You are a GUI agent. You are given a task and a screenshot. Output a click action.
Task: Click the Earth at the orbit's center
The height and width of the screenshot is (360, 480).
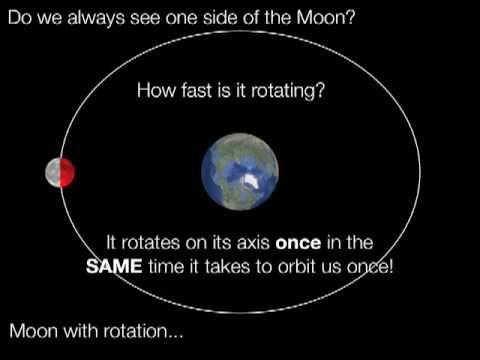[x=240, y=172]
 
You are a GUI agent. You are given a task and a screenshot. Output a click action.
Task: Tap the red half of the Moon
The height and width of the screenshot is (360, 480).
[x=67, y=173]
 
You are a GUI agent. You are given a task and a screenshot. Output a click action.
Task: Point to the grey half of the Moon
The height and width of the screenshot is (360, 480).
[x=53, y=173]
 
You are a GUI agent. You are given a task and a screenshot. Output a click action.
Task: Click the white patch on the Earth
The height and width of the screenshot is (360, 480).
[x=251, y=181]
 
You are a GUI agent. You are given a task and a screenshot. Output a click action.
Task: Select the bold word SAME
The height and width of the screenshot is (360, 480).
[x=114, y=267]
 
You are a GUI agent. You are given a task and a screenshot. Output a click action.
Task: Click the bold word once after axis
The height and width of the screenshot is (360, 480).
[x=298, y=243]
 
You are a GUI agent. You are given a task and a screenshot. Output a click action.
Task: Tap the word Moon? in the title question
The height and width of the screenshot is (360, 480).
[x=326, y=18]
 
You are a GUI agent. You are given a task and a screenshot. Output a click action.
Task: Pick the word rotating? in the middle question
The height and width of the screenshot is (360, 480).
[x=288, y=91]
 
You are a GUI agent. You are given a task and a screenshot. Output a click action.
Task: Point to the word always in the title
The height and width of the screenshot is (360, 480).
[x=96, y=18]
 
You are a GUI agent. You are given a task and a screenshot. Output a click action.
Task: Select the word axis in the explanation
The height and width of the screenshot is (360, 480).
[x=253, y=243]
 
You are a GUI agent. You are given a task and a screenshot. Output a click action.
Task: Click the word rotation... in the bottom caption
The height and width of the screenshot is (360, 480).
[x=143, y=331]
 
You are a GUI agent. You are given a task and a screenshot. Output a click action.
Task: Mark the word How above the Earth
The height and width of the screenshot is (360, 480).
[x=157, y=90]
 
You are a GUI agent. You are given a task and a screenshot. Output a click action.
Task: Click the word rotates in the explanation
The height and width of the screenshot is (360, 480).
[x=150, y=243]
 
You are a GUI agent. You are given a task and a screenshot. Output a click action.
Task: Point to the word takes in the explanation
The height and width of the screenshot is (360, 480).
[x=227, y=267]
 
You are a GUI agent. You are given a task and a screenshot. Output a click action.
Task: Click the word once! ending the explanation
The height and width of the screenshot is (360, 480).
[x=370, y=267]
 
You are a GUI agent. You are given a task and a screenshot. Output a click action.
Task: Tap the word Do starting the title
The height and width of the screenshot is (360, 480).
[x=20, y=18]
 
